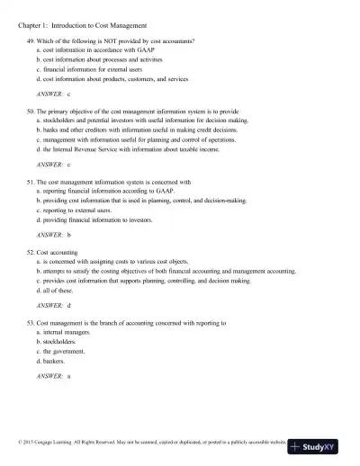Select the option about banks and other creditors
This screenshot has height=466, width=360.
[136, 130]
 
